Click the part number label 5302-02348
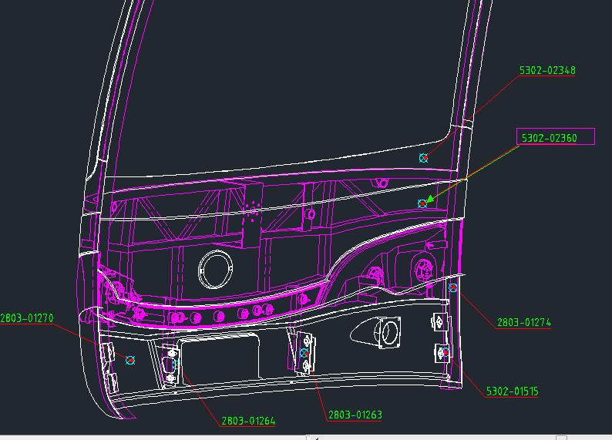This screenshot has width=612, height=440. (547, 71)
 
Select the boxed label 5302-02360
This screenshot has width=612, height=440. (555, 138)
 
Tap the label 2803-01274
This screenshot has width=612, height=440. (524, 323)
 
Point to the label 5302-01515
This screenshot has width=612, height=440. (512, 391)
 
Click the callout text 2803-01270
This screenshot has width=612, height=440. (27, 317)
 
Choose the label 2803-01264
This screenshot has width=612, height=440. (248, 421)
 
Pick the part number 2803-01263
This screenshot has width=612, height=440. (355, 415)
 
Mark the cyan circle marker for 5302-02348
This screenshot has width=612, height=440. (423, 158)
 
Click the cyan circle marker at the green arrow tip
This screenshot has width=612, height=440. (422, 203)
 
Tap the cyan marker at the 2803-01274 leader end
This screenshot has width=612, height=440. (453, 287)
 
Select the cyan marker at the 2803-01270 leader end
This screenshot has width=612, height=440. (130, 360)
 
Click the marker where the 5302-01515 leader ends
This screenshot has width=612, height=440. (446, 352)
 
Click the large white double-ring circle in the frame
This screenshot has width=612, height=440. (214, 270)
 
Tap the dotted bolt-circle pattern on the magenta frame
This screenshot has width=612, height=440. (250, 208)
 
